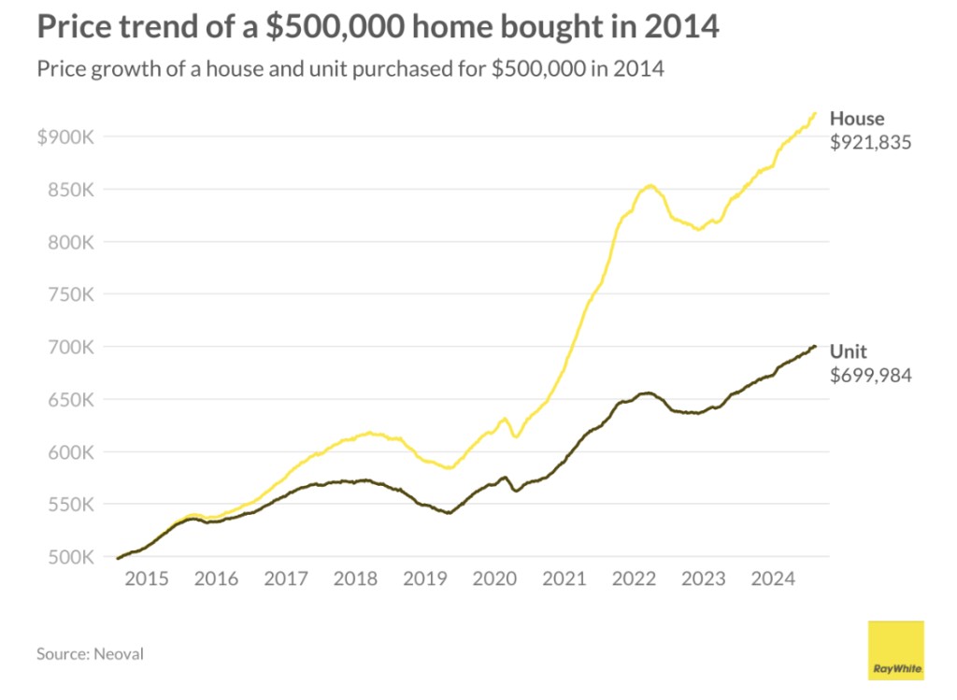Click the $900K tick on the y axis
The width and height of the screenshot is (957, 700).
(65, 136)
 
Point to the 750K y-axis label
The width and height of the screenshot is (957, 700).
(69, 294)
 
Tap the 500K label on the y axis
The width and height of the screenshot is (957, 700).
(69, 557)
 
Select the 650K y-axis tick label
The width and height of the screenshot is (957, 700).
(69, 400)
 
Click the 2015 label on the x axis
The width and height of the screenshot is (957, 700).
(146, 579)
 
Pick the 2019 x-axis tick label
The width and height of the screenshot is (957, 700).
(425, 579)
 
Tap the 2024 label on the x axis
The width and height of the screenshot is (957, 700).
(774, 579)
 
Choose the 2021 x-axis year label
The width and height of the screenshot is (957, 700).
(564, 579)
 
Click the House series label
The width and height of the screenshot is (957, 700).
(857, 119)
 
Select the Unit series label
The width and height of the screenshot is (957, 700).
(849, 352)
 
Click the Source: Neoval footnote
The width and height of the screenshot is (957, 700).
(90, 653)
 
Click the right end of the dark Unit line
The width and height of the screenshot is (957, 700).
(815, 347)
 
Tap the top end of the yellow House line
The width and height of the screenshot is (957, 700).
(815, 113)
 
